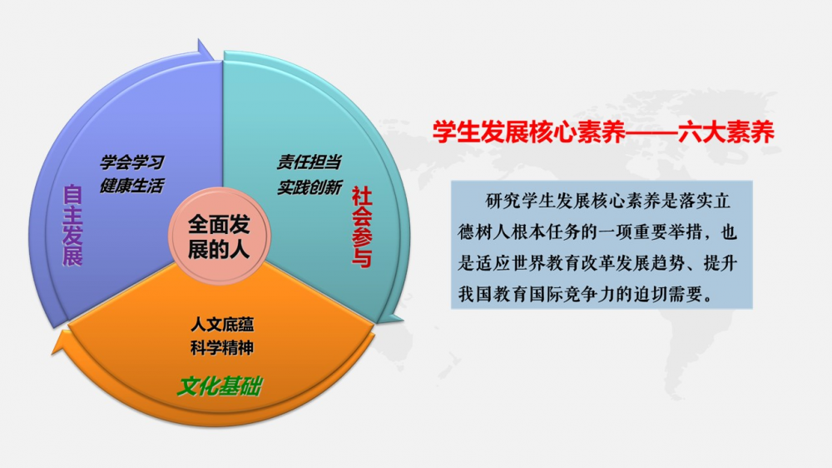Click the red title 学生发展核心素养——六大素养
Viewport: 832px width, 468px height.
tap(603, 132)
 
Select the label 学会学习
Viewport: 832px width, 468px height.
tap(132, 162)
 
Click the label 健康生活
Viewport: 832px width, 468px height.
tap(132, 186)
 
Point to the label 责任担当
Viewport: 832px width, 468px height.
tap(310, 162)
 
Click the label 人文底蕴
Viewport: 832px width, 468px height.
tap(222, 324)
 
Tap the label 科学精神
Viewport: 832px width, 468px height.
tap(222, 348)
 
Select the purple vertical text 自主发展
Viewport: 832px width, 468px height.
tap(72, 225)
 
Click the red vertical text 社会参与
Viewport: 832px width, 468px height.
tap(362, 227)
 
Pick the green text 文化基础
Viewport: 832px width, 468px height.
tap(219, 386)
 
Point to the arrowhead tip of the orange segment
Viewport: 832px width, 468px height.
tap(52, 353)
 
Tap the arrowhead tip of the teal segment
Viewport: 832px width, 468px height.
tap(403, 321)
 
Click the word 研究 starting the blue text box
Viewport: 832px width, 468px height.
tap(494, 202)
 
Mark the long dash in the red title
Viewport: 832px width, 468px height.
tap(652, 132)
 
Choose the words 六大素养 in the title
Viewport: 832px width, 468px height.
tap(726, 132)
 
